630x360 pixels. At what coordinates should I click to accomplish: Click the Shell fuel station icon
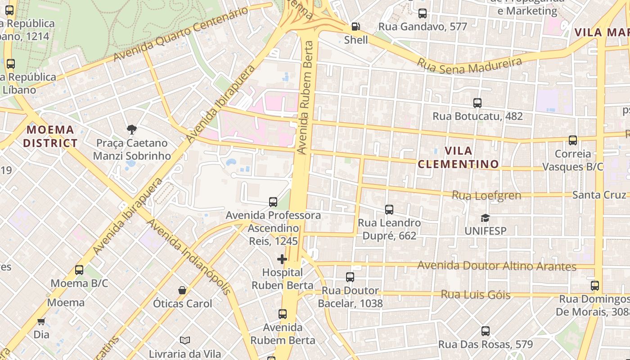355,27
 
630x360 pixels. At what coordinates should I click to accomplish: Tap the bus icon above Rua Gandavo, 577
422,13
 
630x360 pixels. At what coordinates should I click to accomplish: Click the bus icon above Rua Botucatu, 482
477,103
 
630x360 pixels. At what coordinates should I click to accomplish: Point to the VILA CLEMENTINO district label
458,157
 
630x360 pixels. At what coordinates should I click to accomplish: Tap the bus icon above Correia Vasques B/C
572,140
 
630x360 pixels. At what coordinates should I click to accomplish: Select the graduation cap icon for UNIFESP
485,218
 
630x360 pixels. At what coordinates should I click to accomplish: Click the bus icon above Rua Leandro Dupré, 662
389,210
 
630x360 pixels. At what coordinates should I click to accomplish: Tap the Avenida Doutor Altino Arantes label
497,266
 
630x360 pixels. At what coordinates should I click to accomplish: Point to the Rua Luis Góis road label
475,295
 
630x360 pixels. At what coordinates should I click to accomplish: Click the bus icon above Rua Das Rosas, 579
485,331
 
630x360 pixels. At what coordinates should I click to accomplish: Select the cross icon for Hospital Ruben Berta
282,259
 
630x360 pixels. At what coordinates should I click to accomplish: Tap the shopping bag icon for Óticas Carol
182,290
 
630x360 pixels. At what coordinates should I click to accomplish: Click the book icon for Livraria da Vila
184,340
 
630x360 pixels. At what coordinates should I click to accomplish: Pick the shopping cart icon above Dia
41,321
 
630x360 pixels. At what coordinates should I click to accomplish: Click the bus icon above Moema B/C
79,270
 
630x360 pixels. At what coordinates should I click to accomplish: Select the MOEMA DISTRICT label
50,136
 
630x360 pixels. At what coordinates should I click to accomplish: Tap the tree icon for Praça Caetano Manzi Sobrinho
131,130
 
